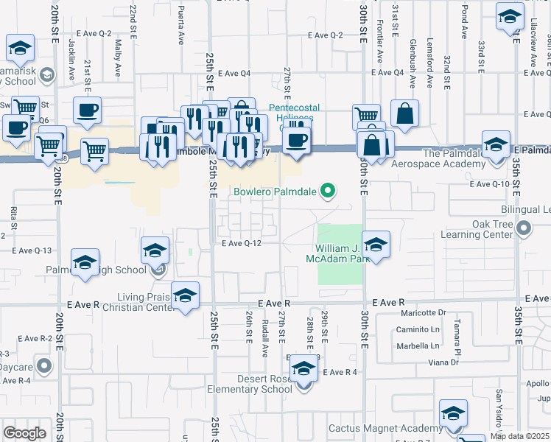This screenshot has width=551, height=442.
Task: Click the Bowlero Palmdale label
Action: point(275,192)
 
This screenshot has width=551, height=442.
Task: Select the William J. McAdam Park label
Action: point(340,253)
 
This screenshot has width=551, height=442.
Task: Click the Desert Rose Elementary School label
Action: point(254,384)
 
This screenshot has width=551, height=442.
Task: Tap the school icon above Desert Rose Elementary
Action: point(303,368)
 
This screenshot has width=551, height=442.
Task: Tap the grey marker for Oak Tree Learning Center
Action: point(523,230)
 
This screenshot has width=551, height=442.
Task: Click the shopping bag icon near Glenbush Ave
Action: point(404,113)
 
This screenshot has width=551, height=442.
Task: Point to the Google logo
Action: point(24,433)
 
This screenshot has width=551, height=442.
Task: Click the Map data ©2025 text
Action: point(520,436)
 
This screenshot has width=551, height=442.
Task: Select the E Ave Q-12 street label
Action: point(241,243)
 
